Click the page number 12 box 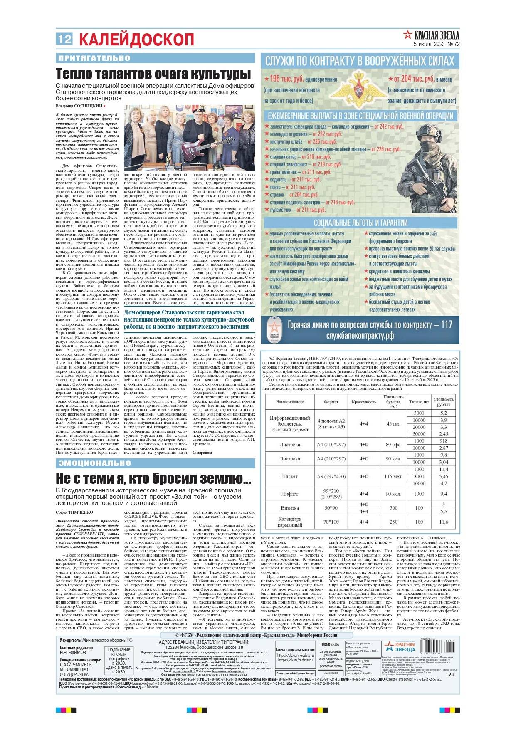(x=64, y=39)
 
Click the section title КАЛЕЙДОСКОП (x=136, y=40)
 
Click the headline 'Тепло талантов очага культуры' (x=153, y=74)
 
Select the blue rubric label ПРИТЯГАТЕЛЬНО (x=94, y=58)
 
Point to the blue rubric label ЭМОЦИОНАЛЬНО (x=95, y=463)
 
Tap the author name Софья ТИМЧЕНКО (x=74, y=512)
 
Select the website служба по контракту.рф (x=360, y=336)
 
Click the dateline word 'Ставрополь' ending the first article (x=202, y=453)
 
